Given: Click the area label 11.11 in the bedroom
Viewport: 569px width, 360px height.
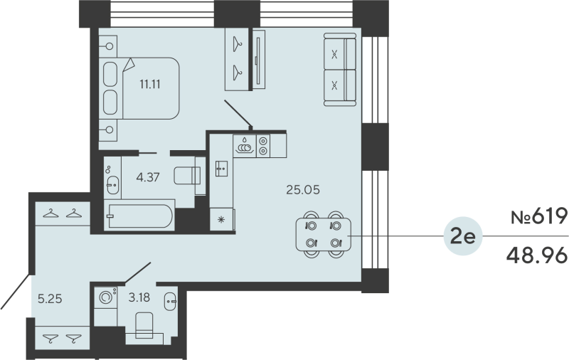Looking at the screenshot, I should click(149, 83).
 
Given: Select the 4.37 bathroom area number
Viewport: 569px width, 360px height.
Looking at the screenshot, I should click(148, 178).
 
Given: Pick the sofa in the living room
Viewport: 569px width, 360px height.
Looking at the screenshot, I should click(339, 70).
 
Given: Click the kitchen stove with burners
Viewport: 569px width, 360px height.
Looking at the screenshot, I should click(263, 146).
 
